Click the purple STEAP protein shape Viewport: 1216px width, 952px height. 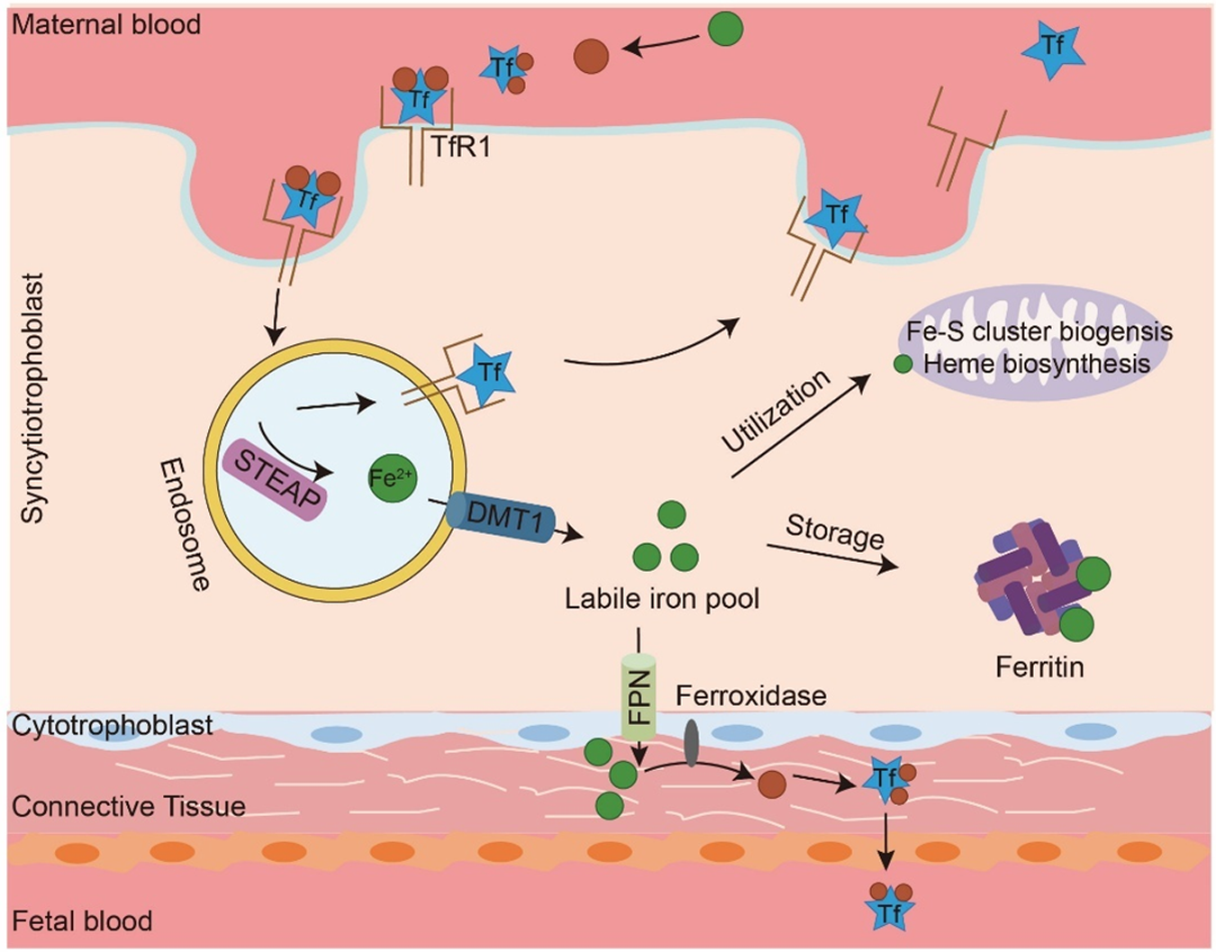click(275, 480)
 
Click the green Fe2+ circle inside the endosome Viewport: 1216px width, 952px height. click(393, 477)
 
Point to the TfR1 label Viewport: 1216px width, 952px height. click(461, 147)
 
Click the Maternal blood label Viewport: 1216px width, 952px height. click(106, 24)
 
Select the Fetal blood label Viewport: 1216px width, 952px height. click(82, 920)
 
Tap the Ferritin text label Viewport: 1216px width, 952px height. click(1039, 667)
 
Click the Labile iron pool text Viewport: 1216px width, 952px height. click(662, 598)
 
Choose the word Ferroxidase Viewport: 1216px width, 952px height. click(751, 695)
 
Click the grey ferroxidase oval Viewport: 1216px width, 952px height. click(691, 743)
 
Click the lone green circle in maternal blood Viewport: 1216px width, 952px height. click(725, 29)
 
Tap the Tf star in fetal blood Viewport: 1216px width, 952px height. click(890, 912)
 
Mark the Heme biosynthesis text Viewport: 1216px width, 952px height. click(1037, 364)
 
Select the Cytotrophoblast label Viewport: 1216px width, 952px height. click(113, 725)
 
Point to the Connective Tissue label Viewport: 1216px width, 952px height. click(129, 805)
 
